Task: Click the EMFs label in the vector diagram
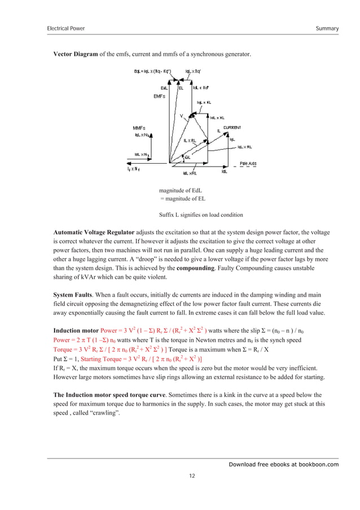pyautogui.click(x=160, y=97)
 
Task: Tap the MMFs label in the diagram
pyautogui.click(x=139, y=128)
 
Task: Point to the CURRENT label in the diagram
pyautogui.click(x=232, y=128)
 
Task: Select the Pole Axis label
pyautogui.click(x=248, y=164)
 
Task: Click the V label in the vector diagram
pyautogui.click(x=181, y=116)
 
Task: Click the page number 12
pyautogui.click(x=192, y=476)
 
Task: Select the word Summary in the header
pyautogui.click(x=327, y=28)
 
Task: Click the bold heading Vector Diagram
pyautogui.click(x=76, y=54)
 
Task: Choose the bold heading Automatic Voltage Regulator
pyautogui.click(x=93, y=233)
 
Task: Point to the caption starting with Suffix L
pyautogui.click(x=201, y=215)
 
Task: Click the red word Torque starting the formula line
pyautogui.click(x=64, y=350)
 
